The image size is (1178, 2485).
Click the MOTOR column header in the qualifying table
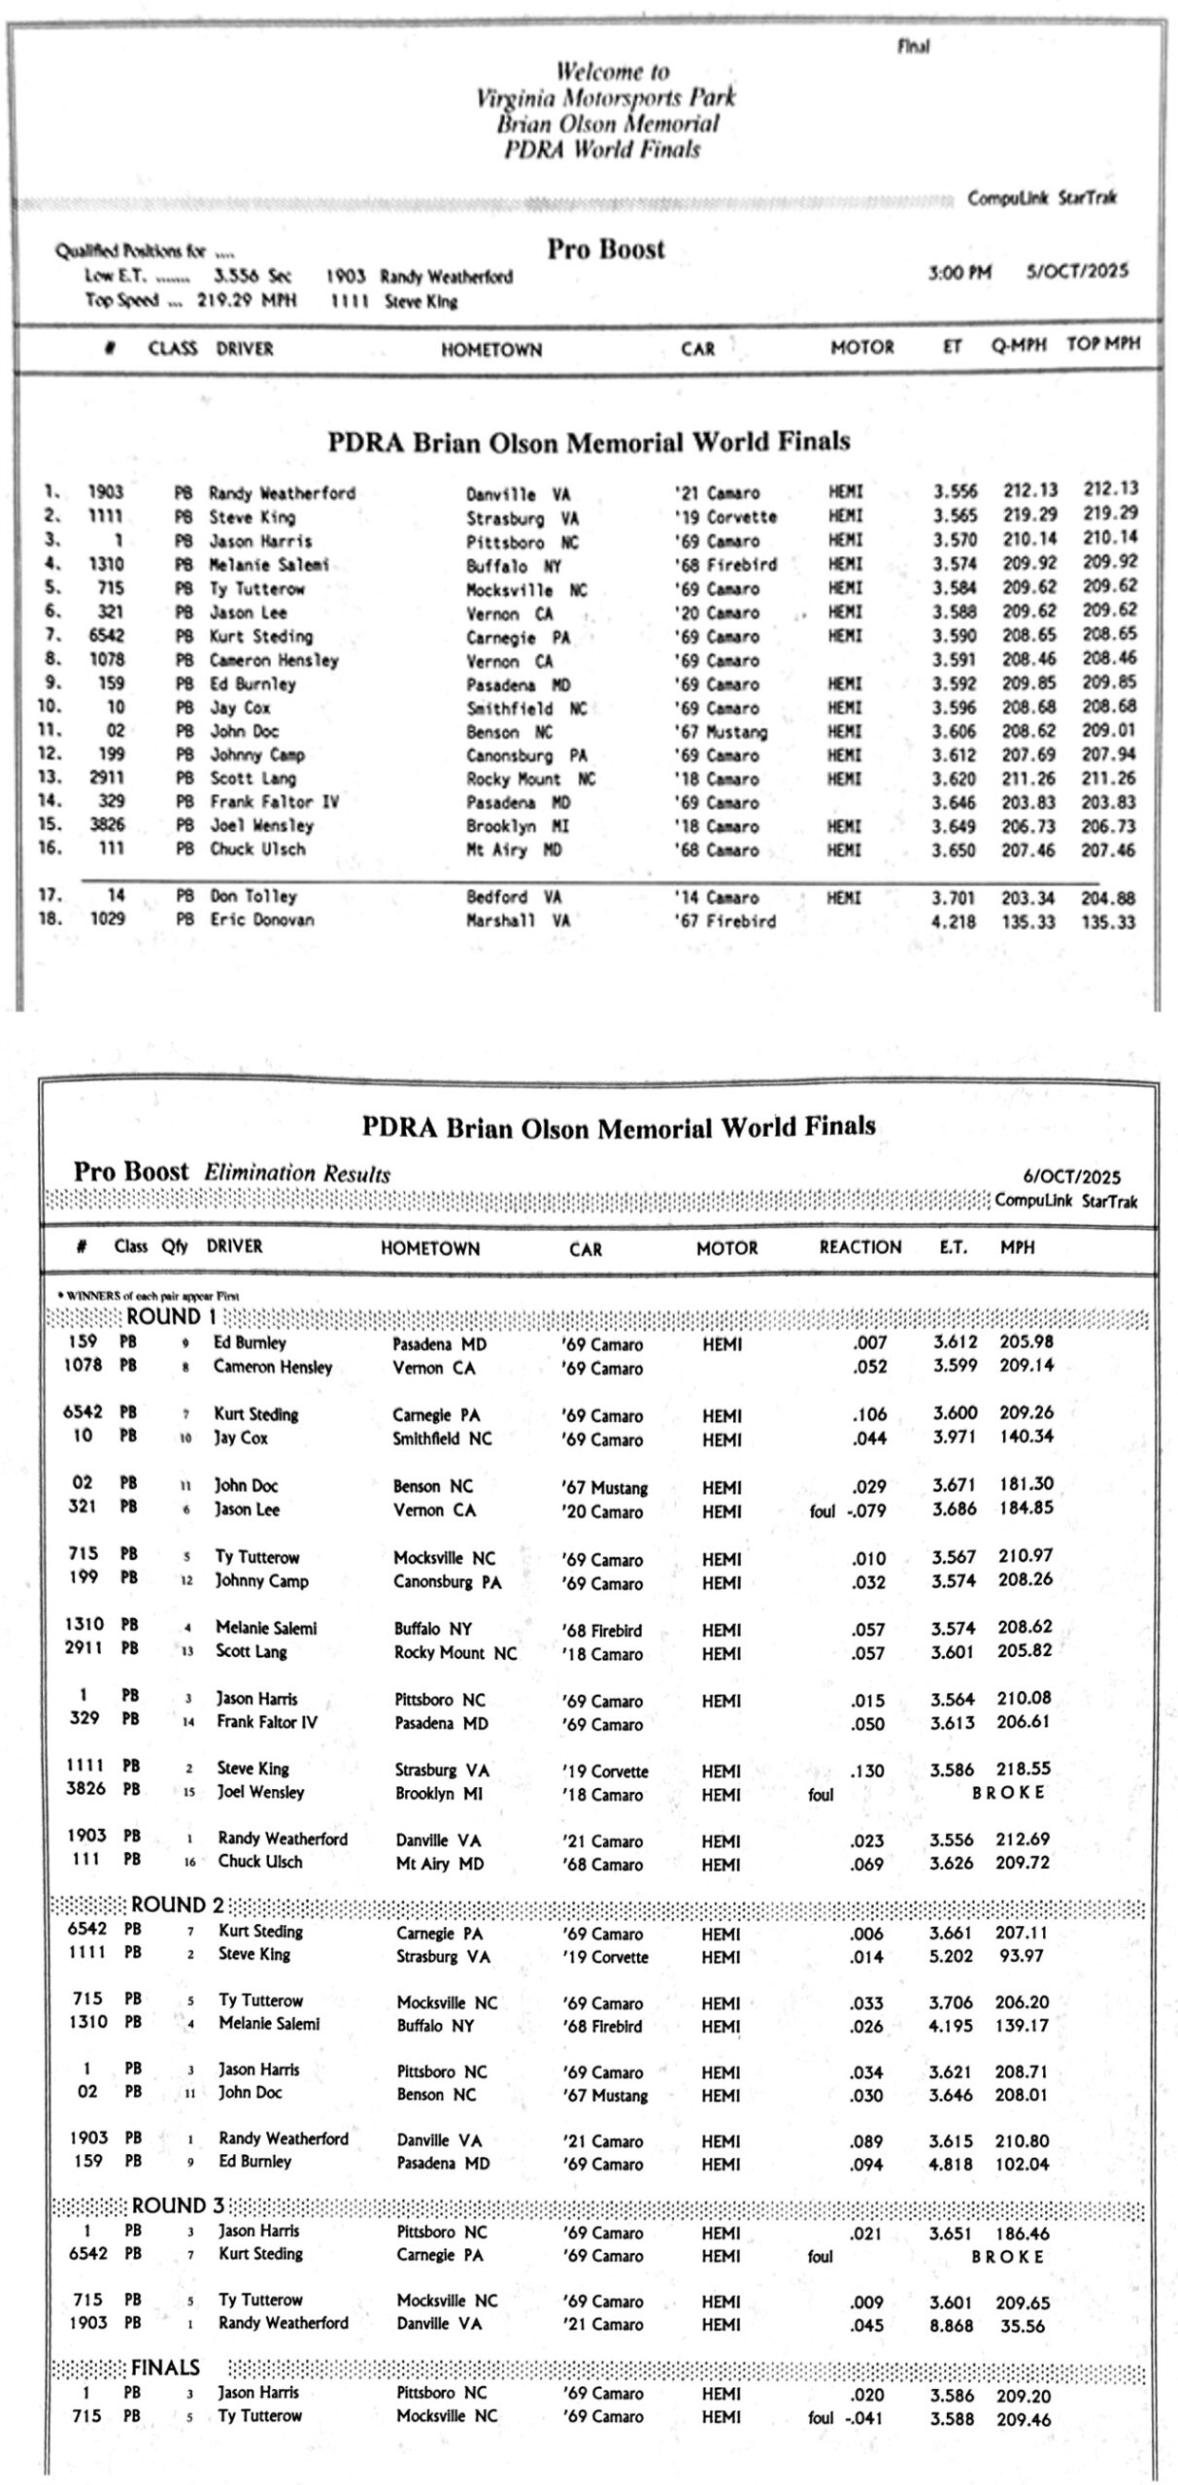[861, 348]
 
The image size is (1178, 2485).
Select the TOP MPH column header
[1102, 344]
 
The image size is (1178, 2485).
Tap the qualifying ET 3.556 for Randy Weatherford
[955, 491]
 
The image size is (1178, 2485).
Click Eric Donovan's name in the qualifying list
[262, 919]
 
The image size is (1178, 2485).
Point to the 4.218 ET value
[953, 921]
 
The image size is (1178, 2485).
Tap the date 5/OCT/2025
[1077, 272]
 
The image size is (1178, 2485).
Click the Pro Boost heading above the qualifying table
[605, 249]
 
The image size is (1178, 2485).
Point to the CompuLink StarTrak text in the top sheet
[1041, 198]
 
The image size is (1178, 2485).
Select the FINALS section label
[165, 2368]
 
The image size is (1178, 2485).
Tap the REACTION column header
[859, 1247]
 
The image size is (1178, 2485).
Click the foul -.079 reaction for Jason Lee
[847, 1510]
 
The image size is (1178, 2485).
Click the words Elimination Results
[296, 1174]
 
